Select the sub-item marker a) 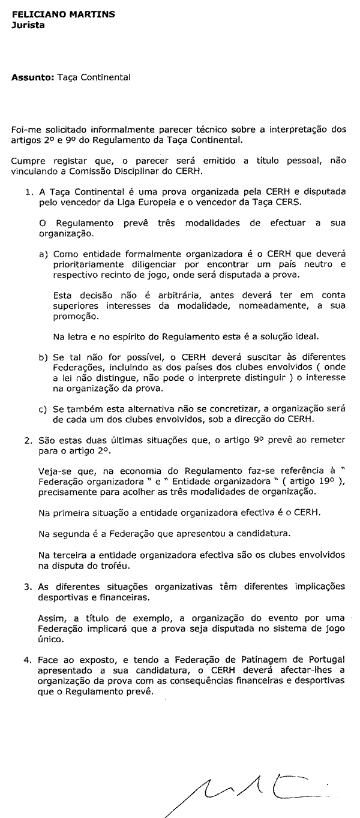tap(43, 254)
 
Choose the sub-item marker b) tap(43, 357)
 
